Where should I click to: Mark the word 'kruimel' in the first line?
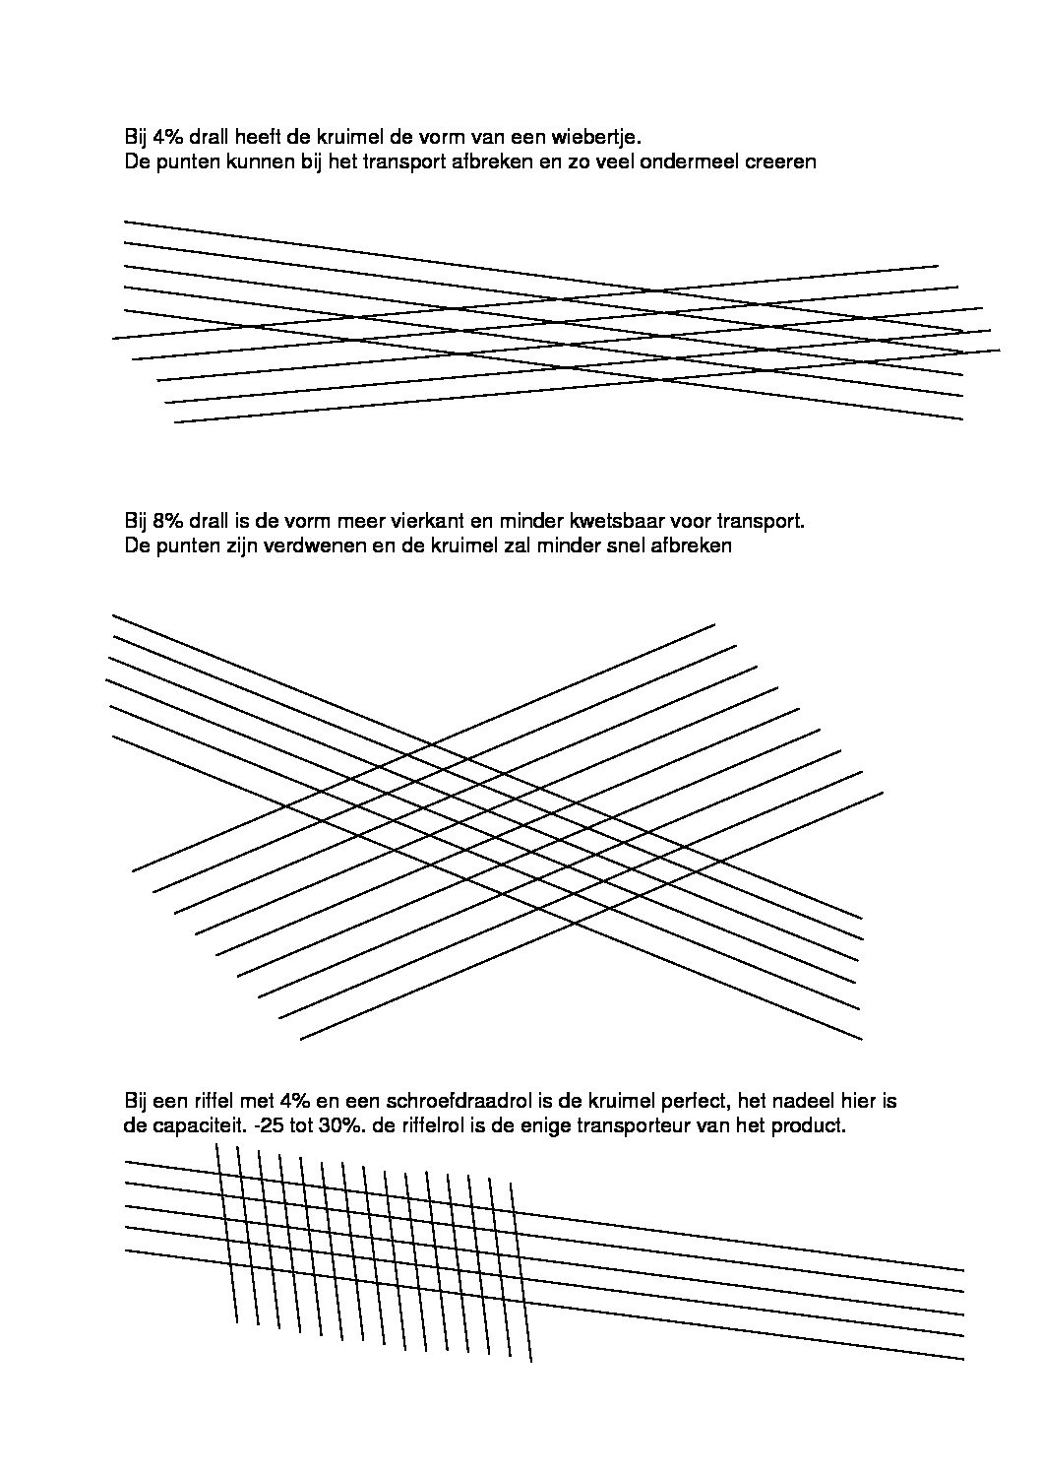pos(353,136)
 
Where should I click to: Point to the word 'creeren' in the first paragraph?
pos(782,160)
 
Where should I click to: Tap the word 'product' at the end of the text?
pos(812,1125)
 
